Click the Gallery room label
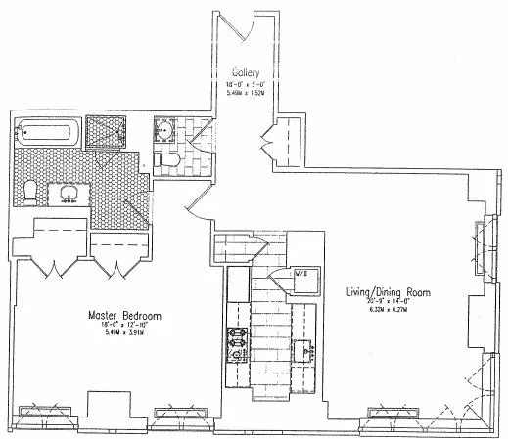(x=244, y=73)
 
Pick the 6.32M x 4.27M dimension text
(x=385, y=311)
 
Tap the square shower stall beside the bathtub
(x=108, y=133)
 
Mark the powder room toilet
(x=165, y=160)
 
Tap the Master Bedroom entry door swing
(x=197, y=200)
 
